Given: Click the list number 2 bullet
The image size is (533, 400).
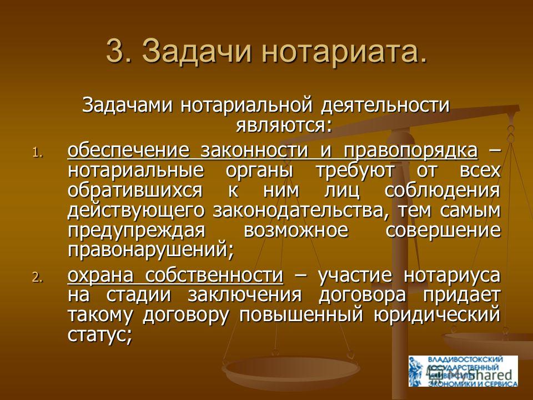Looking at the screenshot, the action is [38, 278].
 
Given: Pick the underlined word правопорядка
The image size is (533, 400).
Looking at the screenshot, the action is [411, 151].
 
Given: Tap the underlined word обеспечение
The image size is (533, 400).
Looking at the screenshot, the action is [128, 151].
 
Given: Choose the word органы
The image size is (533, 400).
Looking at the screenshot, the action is [259, 171].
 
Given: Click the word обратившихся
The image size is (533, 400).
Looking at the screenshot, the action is [135, 190].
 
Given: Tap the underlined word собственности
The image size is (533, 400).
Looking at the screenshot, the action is [214, 275].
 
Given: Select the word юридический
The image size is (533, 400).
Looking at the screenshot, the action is [437, 316].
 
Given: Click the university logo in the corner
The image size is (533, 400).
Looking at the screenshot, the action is [463, 371].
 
